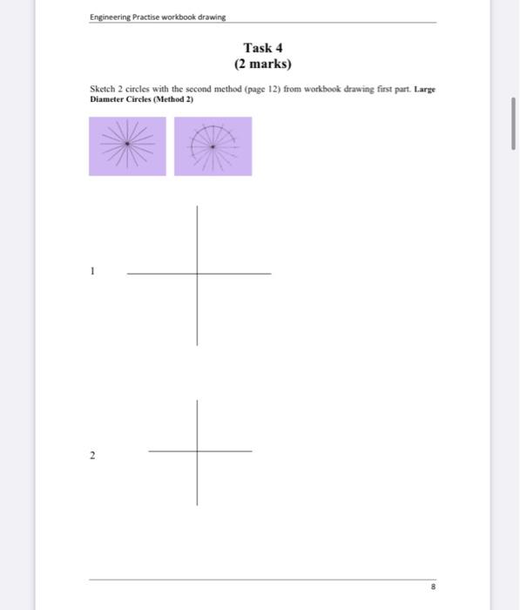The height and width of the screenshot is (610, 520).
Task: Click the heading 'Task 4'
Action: click(x=263, y=47)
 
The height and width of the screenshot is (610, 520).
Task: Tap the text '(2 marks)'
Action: click(x=263, y=64)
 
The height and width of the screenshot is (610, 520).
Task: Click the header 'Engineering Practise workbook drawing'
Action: click(x=152, y=17)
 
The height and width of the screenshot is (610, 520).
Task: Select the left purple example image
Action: click(x=127, y=146)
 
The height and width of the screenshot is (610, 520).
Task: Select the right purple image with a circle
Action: click(x=213, y=146)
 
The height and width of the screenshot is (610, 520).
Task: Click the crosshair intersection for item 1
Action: click(x=197, y=274)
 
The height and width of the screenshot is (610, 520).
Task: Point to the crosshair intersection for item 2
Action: click(x=197, y=451)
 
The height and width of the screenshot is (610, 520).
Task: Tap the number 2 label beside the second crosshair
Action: click(x=92, y=456)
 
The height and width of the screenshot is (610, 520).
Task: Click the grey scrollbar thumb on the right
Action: click(x=513, y=123)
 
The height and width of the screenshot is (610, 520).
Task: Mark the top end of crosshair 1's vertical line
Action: click(x=197, y=206)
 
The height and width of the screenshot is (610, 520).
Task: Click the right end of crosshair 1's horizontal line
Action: click(x=271, y=274)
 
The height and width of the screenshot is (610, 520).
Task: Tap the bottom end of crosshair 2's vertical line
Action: click(x=197, y=505)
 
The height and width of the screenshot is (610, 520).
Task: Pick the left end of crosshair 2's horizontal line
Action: click(x=149, y=451)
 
